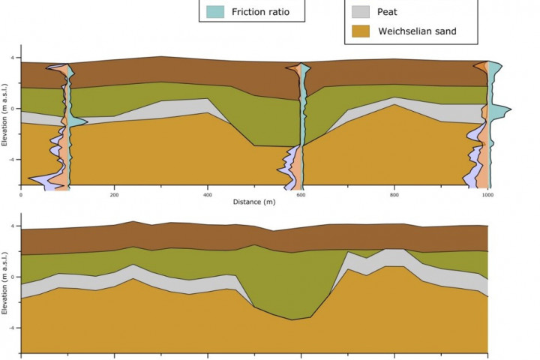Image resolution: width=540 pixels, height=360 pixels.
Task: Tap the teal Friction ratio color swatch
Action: pos(214,11)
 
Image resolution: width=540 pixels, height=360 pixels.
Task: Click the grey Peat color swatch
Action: pos(361,11)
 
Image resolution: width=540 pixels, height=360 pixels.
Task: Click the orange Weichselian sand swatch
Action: pos(361,31)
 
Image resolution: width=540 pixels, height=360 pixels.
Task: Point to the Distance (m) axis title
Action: pos(254,202)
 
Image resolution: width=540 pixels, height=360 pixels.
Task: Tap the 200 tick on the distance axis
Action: pos(114,193)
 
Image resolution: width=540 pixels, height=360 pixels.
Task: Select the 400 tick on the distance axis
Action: pos(207,193)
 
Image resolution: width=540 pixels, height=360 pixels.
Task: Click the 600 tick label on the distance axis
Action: pos(301,193)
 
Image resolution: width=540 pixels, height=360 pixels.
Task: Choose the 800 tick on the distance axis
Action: pos(394,193)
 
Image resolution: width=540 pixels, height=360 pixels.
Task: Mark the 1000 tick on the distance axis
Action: pos(487,193)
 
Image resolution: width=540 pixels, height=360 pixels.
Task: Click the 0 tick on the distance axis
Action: pos(21,193)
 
